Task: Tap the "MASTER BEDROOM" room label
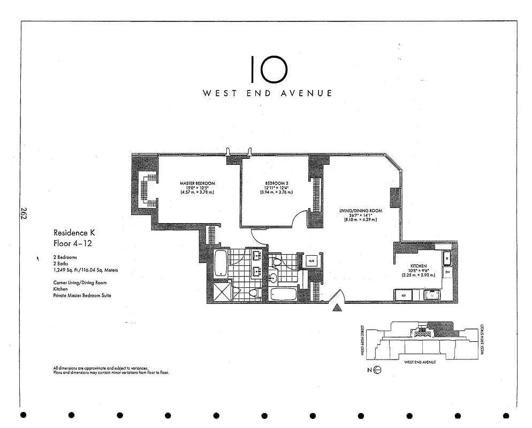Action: point(197,184)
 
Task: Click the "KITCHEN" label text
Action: point(418,266)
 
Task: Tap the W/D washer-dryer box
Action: point(311,261)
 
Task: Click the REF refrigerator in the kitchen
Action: point(403,294)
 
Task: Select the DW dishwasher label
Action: point(447,272)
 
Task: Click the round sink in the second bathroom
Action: point(274,277)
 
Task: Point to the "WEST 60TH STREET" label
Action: point(363,340)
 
